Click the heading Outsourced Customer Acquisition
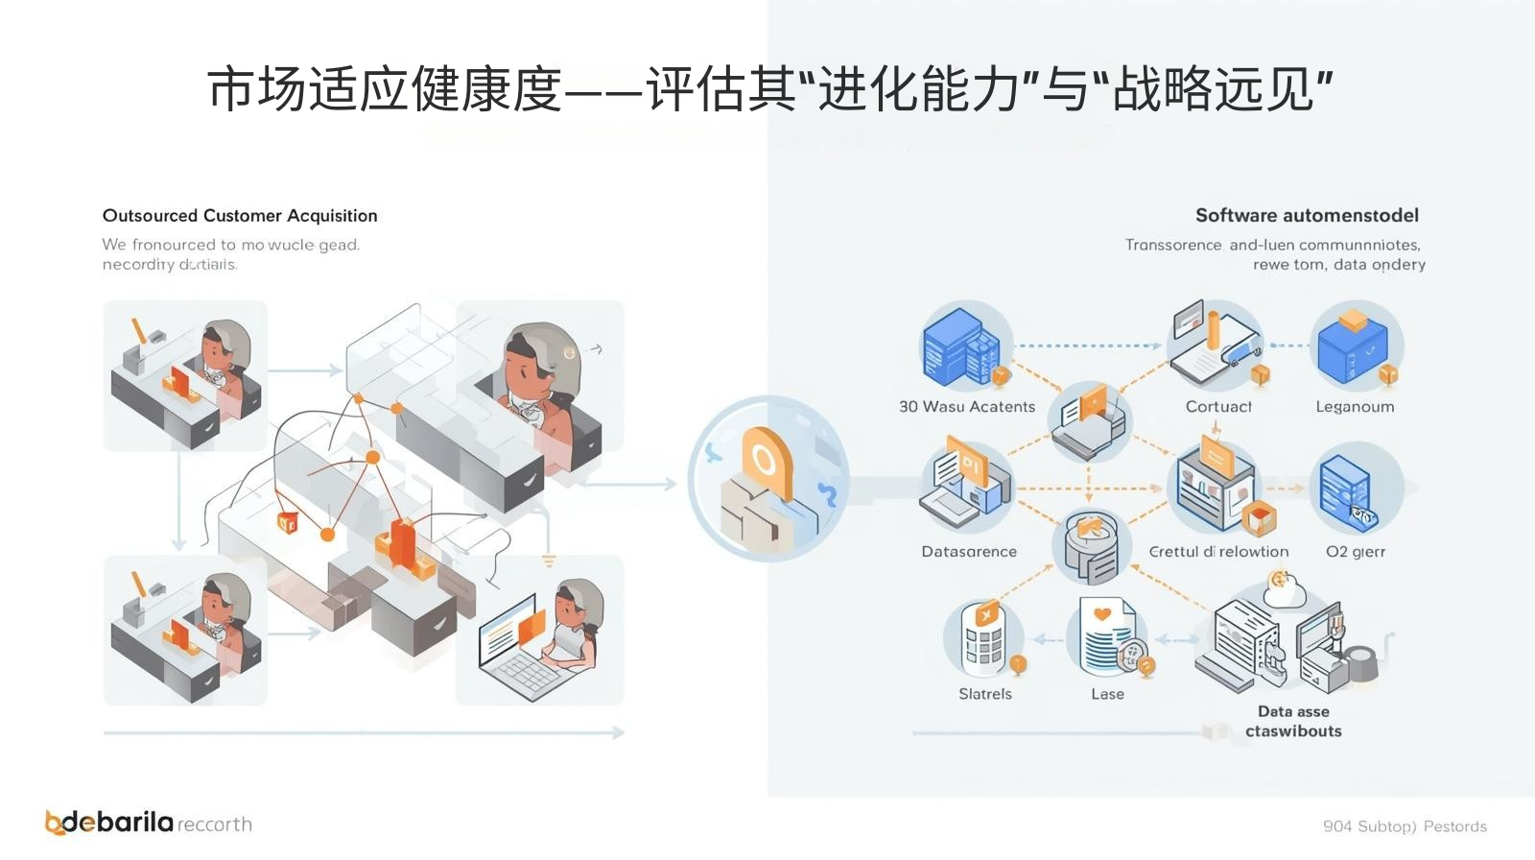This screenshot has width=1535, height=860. click(x=240, y=216)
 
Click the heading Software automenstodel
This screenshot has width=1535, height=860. click(x=1306, y=216)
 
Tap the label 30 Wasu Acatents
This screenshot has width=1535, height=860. click(x=967, y=407)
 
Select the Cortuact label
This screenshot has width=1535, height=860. click(x=1218, y=407)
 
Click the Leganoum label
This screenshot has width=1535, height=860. click(x=1355, y=407)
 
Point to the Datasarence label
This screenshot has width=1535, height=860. click(x=969, y=552)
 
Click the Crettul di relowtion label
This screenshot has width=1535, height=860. click(x=1218, y=552)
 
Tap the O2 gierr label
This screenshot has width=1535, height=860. click(x=1355, y=552)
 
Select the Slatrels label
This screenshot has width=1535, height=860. click(x=985, y=694)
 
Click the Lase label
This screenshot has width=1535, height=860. click(x=1107, y=694)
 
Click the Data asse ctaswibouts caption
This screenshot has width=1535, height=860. click(x=1293, y=722)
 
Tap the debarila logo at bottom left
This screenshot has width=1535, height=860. click(x=110, y=823)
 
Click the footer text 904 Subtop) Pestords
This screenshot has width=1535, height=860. click(x=1404, y=826)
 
